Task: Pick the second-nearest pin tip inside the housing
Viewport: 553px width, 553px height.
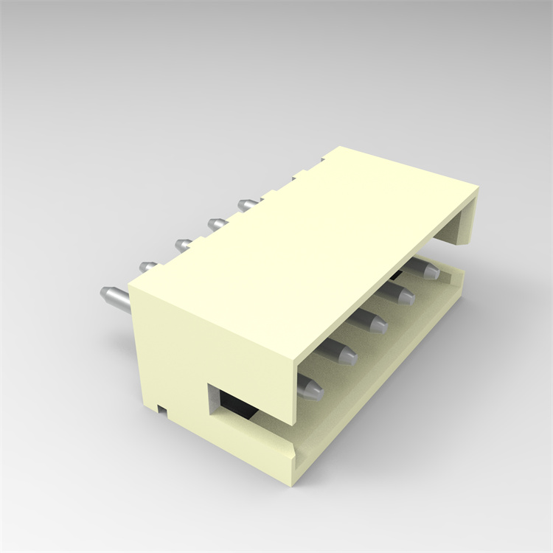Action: (x=344, y=352)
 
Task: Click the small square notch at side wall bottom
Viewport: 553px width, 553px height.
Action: (x=161, y=406)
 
